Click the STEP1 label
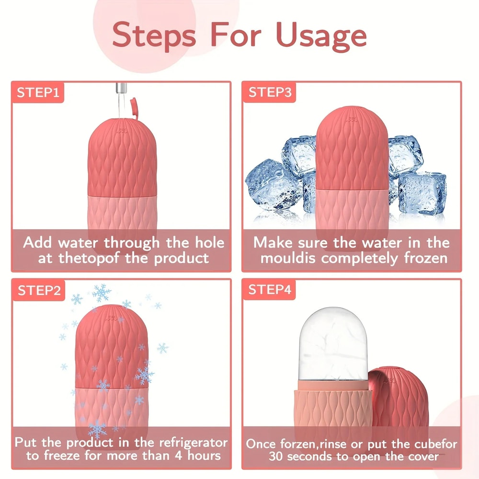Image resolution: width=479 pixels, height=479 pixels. coord(38,92)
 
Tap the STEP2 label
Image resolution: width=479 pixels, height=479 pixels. coord(39,290)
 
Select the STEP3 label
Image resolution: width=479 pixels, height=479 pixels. coord(270,92)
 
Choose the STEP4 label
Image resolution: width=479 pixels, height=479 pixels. coord(270,290)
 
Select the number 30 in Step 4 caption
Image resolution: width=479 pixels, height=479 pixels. coord(277,456)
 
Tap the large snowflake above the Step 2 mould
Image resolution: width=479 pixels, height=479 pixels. coord(102,293)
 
